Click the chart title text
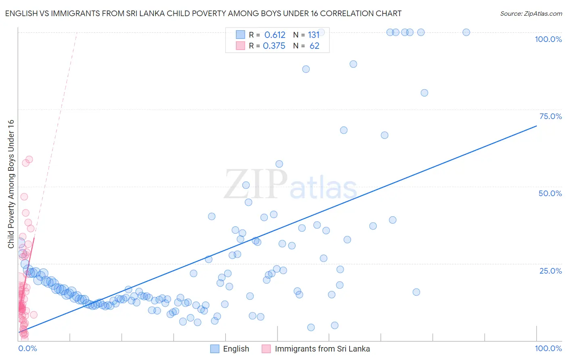[203, 13]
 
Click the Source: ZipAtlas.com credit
[531, 13]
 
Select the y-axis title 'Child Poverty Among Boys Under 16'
[11, 184]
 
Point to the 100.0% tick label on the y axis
[548, 39]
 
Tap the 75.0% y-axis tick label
[550, 116]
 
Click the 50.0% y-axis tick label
[550, 193]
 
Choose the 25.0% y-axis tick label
[550, 271]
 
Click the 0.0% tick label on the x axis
[28, 348]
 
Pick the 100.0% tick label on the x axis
[548, 348]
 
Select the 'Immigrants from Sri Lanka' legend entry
[322, 349]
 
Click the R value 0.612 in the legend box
[275, 35]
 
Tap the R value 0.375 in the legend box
[274, 46]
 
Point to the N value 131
[314, 35]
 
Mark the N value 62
[314, 46]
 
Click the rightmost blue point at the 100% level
[466, 32]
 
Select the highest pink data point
[29, 159]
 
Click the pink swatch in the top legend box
[240, 46]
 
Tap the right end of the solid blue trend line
[536, 126]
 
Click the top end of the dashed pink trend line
[77, 32]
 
